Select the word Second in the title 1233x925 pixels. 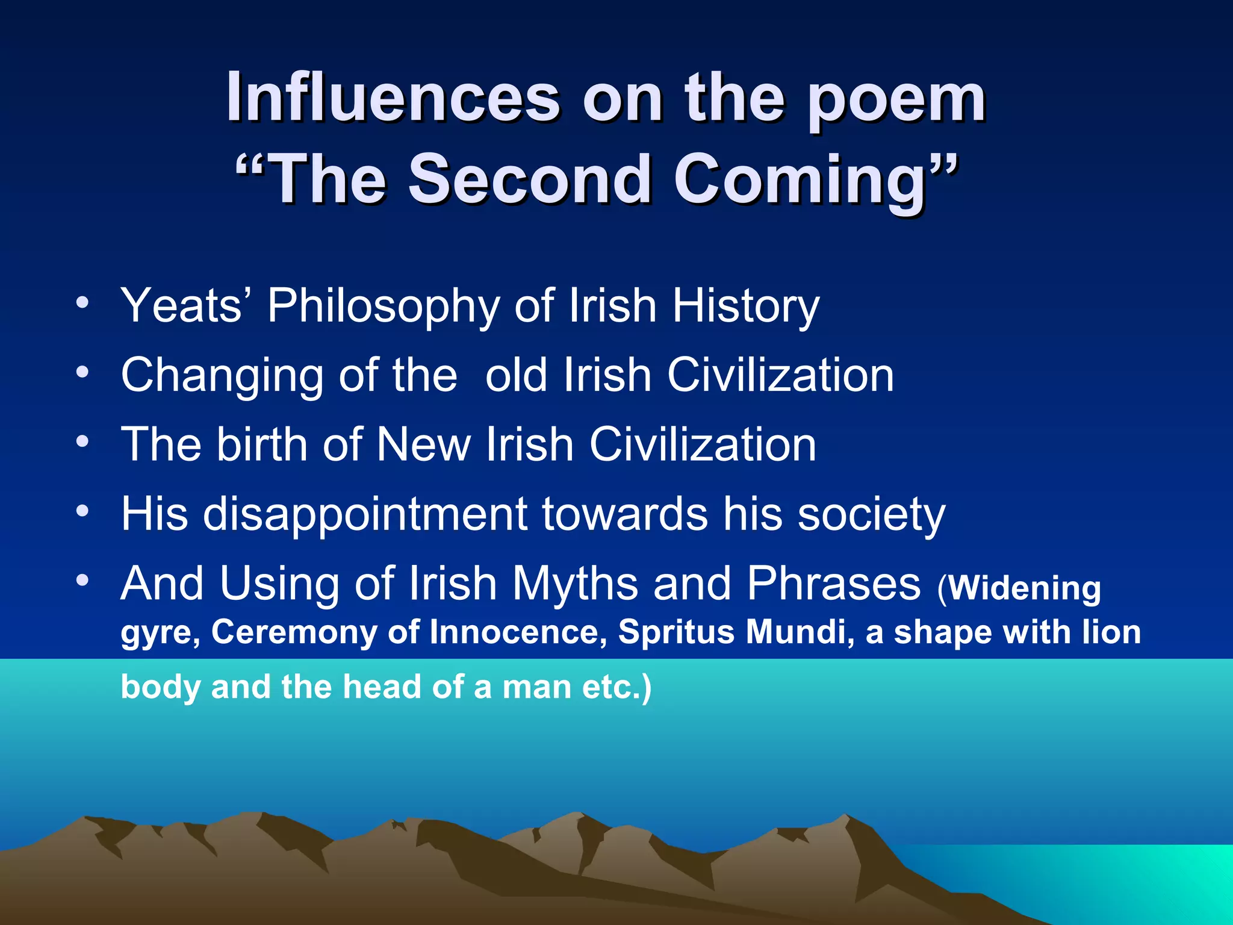(x=530, y=179)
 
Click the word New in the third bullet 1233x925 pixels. (x=423, y=444)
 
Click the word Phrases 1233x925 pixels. (x=834, y=584)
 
